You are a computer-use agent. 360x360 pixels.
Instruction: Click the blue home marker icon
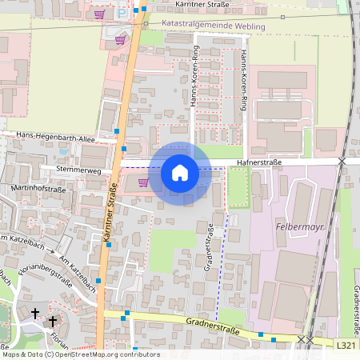click(x=180, y=172)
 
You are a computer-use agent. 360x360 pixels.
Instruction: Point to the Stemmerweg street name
click(x=78, y=170)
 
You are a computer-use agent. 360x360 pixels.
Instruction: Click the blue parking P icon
click(x=122, y=13)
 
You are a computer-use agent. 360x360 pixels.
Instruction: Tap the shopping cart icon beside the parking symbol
click(x=99, y=14)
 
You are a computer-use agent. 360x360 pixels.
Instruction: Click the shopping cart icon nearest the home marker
click(x=143, y=182)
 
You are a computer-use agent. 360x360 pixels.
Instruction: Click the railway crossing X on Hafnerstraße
click(x=342, y=162)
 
